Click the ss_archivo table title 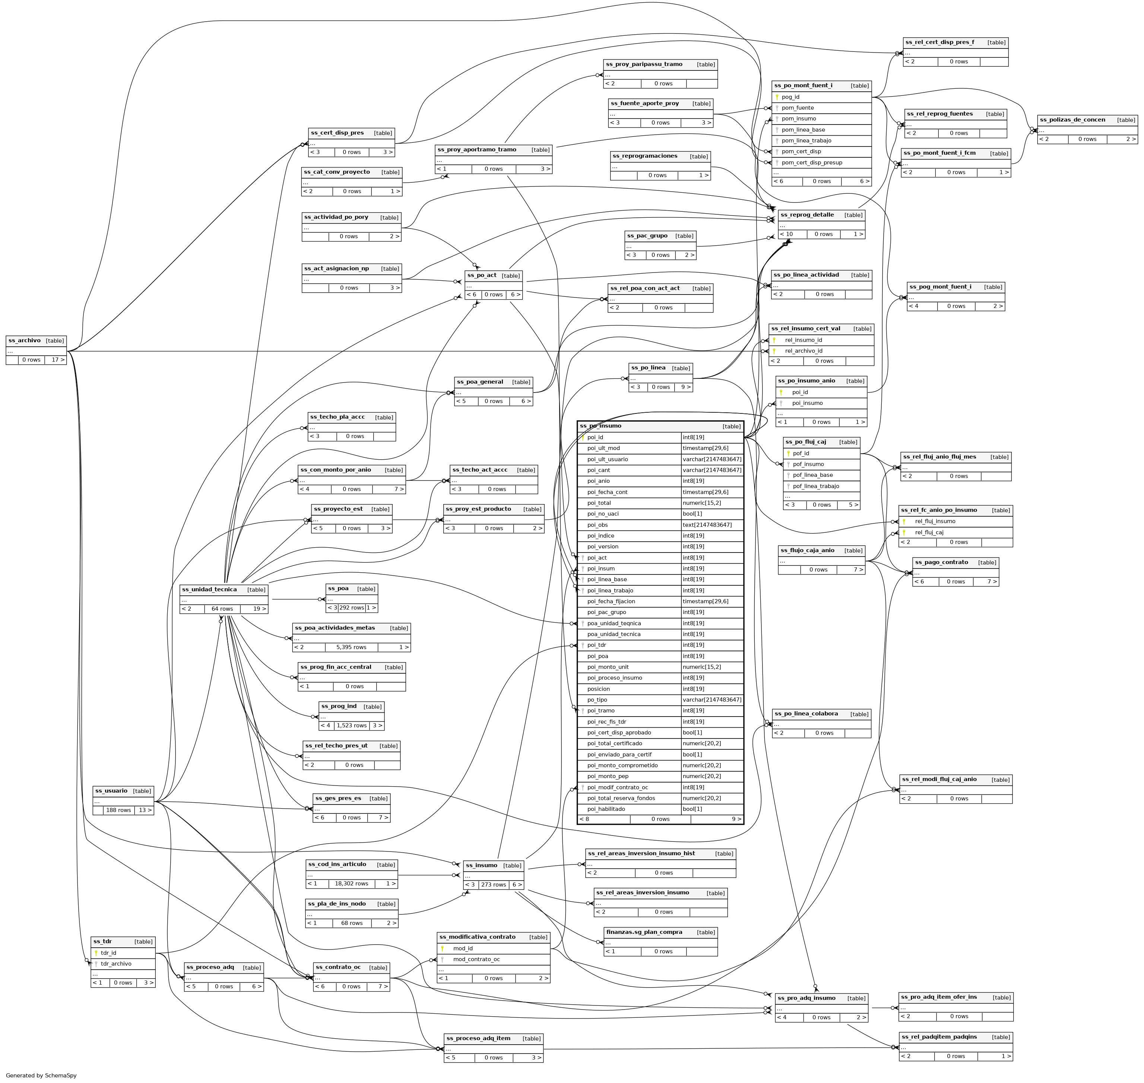click(25, 341)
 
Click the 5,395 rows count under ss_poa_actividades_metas click(351, 647)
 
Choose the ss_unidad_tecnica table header click(209, 589)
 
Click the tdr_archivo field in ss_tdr click(116, 963)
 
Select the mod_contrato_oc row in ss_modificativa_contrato click(476, 959)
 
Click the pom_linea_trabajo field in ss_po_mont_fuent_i click(806, 140)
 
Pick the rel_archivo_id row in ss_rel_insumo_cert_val click(803, 350)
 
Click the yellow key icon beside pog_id click(777, 97)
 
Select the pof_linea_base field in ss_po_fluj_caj click(812, 475)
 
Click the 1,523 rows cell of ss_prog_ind click(351, 725)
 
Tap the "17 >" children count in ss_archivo click(58, 360)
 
